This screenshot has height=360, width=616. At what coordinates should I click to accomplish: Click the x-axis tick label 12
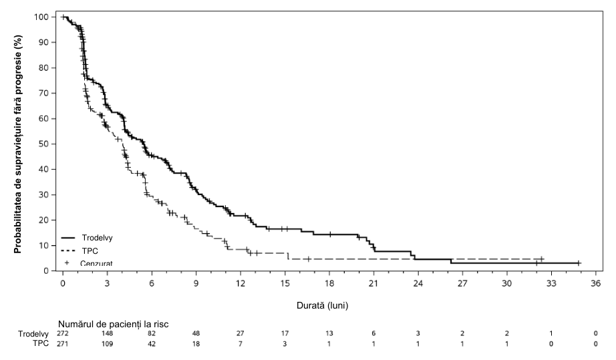click(240, 283)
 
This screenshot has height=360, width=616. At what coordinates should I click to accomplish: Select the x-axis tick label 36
click(595, 283)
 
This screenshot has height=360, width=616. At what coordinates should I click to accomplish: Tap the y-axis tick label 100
click(42, 17)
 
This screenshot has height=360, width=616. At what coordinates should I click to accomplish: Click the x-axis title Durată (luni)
click(322, 305)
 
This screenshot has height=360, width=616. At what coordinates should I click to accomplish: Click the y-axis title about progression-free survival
click(17, 144)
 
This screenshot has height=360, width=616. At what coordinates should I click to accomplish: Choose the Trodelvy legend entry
click(87, 238)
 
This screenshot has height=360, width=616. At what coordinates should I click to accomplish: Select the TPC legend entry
click(80, 251)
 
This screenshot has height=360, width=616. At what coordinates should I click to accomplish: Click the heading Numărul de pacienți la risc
click(114, 325)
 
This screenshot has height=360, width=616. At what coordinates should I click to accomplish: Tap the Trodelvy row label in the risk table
click(33, 334)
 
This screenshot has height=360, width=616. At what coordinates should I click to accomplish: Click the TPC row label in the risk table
click(41, 343)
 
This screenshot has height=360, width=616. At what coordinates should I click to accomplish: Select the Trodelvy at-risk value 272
click(62, 334)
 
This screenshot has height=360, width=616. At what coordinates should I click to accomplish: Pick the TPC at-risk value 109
click(107, 344)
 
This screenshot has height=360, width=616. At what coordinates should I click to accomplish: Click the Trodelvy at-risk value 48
click(196, 334)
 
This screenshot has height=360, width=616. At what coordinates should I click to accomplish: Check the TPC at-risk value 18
click(196, 344)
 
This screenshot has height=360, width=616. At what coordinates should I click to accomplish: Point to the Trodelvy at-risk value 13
click(329, 334)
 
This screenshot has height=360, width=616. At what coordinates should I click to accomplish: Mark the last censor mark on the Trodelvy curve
click(579, 263)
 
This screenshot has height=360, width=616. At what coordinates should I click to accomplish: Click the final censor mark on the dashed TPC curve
click(542, 259)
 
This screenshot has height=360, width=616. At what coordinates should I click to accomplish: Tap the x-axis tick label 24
click(418, 283)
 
